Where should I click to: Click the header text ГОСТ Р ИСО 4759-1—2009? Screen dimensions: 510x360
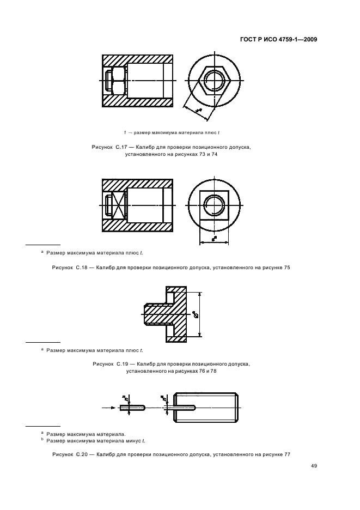(x=278, y=39)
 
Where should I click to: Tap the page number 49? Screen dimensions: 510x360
(x=314, y=465)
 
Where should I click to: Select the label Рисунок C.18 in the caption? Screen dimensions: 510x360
(x=66, y=268)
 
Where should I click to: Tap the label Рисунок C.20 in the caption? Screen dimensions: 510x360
(x=66, y=454)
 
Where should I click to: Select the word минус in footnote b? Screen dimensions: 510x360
(x=126, y=440)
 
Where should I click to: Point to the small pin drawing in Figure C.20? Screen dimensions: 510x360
(x=133, y=407)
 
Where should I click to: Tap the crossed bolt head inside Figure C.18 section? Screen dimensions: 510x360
(x=117, y=205)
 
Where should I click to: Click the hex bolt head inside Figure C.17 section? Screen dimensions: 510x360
(x=117, y=81)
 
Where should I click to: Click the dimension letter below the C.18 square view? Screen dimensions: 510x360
(x=213, y=238)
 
